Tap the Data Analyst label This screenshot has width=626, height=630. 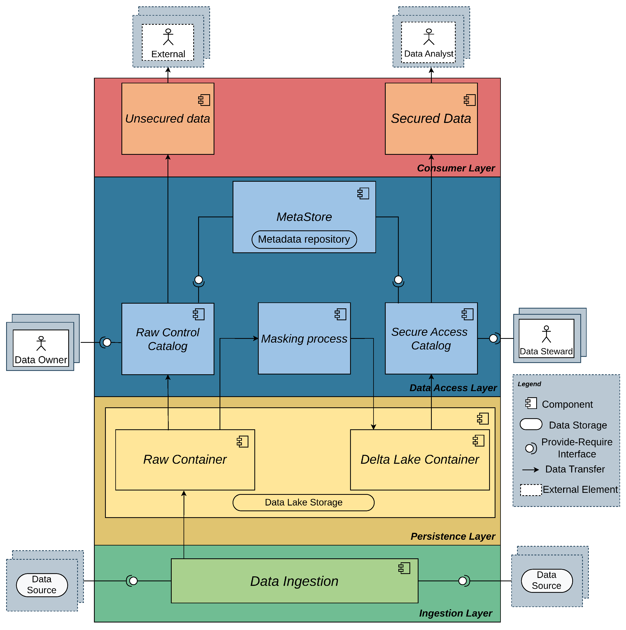click(x=429, y=54)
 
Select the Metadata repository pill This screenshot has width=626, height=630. click(x=304, y=239)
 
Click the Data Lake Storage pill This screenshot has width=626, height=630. click(x=303, y=503)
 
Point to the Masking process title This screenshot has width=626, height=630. click(x=304, y=339)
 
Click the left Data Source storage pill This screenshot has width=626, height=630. click(x=42, y=585)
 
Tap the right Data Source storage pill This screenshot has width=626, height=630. click(x=546, y=581)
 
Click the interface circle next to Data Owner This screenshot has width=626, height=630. click(x=107, y=342)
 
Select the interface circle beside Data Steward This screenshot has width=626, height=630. click(x=493, y=338)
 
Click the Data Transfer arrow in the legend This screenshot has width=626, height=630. click(x=530, y=470)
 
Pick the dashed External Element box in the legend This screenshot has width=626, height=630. click(x=530, y=490)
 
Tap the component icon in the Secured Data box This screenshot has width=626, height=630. click(x=470, y=100)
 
